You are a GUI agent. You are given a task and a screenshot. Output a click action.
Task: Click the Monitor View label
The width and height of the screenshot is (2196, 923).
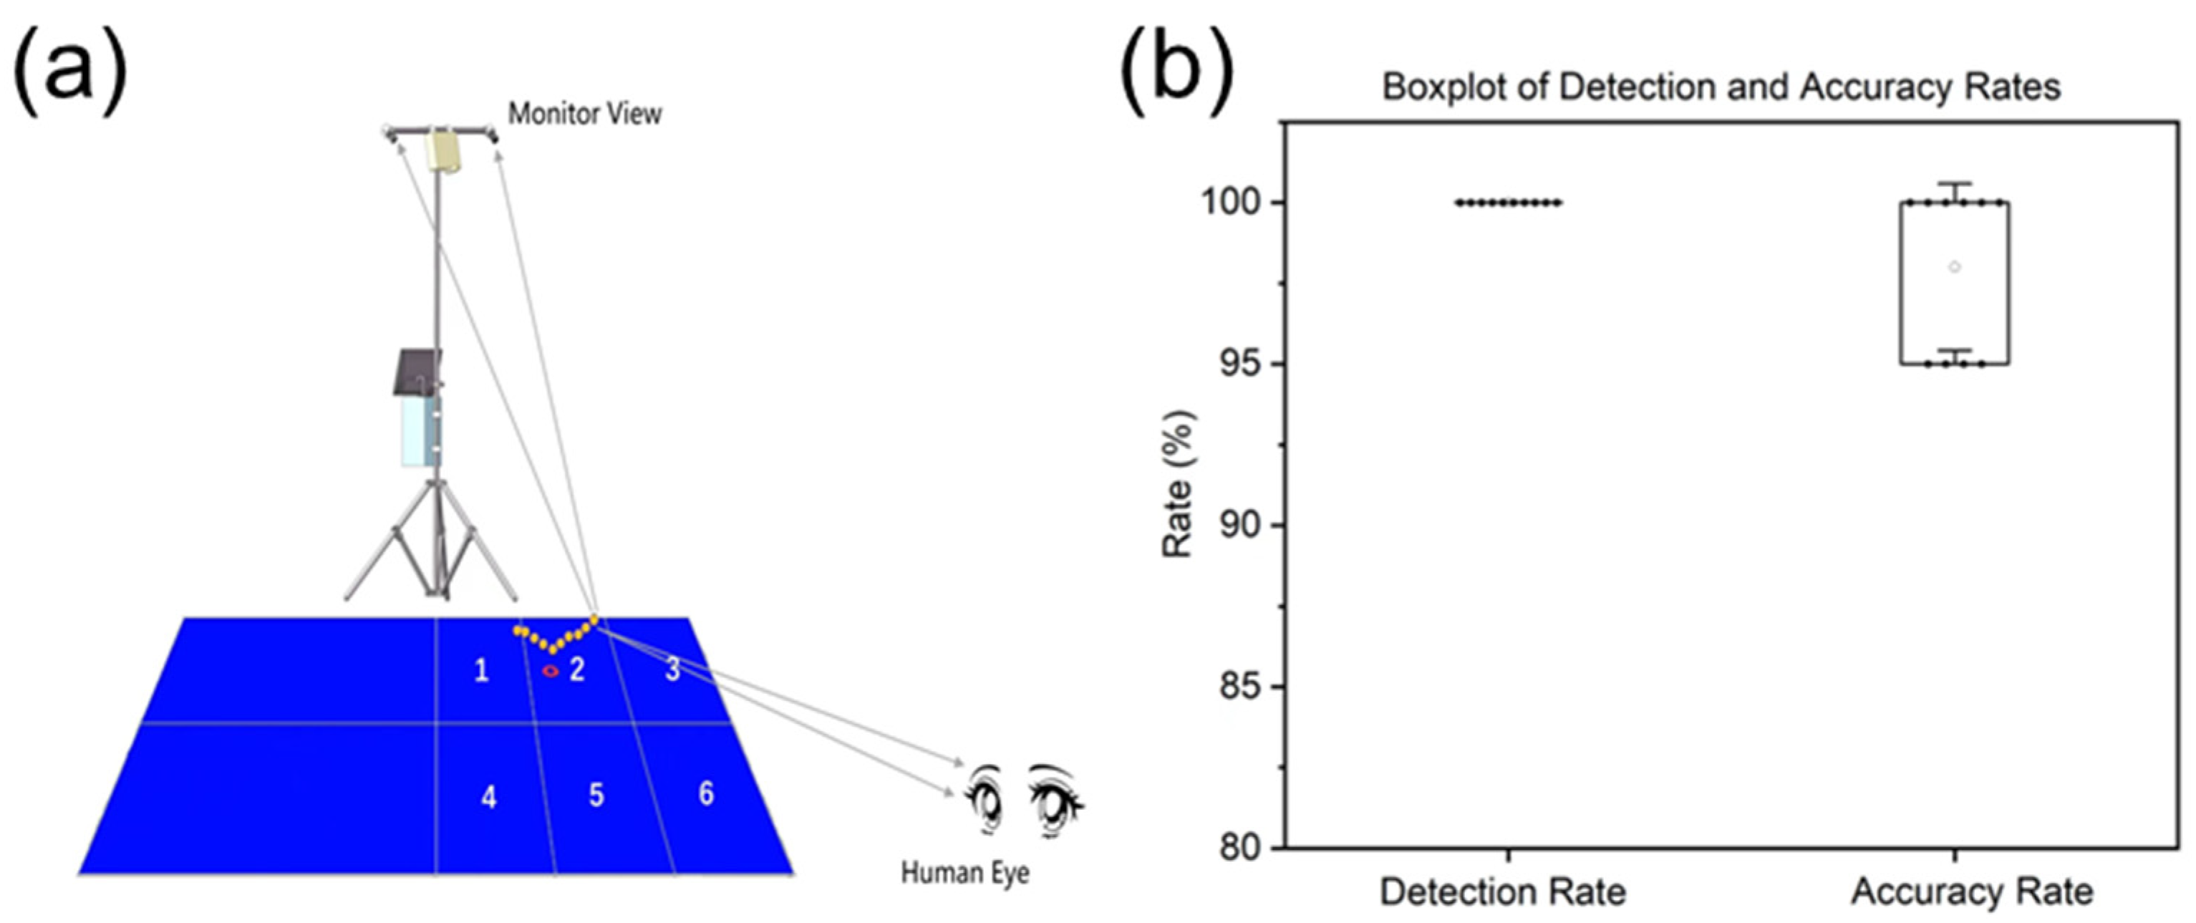pyautogui.click(x=585, y=114)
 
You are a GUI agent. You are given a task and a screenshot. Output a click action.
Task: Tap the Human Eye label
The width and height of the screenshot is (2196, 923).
pyautogui.click(x=965, y=873)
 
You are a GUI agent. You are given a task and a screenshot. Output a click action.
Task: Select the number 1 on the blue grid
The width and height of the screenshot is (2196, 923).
pyautogui.click(x=482, y=671)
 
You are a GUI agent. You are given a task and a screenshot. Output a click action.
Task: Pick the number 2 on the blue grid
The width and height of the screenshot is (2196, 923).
pyautogui.click(x=577, y=670)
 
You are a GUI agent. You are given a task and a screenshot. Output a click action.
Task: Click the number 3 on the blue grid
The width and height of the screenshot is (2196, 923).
pyautogui.click(x=672, y=670)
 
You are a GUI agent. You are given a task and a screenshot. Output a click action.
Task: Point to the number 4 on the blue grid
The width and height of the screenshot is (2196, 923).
pyautogui.click(x=488, y=797)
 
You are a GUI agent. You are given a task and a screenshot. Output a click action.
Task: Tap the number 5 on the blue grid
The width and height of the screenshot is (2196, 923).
pyautogui.click(x=596, y=795)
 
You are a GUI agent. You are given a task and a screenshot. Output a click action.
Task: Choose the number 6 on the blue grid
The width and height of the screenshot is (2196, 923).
pyautogui.click(x=706, y=793)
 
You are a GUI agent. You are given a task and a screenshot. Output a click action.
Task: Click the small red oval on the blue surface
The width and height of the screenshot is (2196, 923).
pyautogui.click(x=551, y=671)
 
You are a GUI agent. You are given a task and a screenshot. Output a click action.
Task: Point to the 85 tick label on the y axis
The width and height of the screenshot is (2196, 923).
pyautogui.click(x=1240, y=687)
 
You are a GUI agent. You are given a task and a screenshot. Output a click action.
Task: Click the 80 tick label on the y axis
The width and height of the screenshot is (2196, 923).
pyautogui.click(x=1240, y=848)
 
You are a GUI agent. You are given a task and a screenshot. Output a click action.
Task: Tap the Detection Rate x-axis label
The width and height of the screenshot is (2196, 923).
pyautogui.click(x=1503, y=892)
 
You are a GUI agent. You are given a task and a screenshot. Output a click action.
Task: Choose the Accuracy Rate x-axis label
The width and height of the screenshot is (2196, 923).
pyautogui.click(x=1973, y=892)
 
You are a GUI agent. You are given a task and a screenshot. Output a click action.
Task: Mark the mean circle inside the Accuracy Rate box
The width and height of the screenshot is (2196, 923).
pyautogui.click(x=1955, y=268)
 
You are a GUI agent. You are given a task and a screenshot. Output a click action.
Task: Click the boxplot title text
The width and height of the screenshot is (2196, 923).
pyautogui.click(x=1721, y=87)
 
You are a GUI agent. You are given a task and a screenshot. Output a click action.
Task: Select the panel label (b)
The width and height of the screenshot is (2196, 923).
pyautogui.click(x=1176, y=72)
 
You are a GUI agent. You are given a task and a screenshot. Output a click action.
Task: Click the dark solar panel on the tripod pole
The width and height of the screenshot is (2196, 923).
pyautogui.click(x=417, y=372)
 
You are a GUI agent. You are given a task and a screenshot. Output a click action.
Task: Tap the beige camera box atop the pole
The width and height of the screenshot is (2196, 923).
pyautogui.click(x=443, y=152)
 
